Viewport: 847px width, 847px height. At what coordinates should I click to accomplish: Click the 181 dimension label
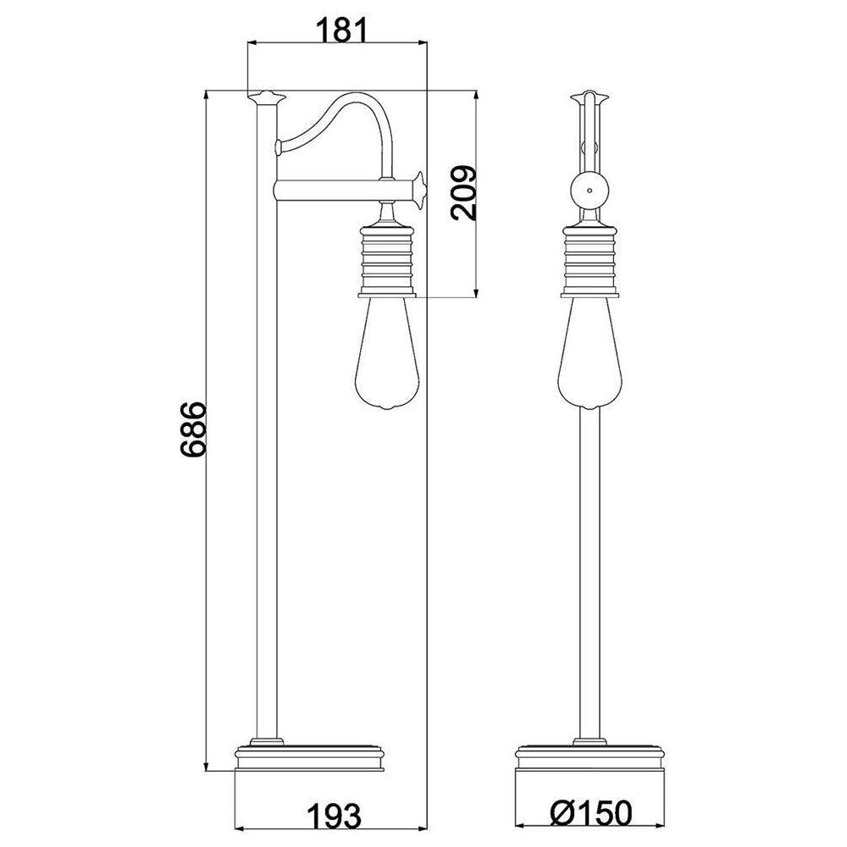pyautogui.click(x=340, y=30)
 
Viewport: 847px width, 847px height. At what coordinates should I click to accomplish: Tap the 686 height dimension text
pyautogui.click(x=193, y=429)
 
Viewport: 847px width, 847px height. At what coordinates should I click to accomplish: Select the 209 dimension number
pyautogui.click(x=463, y=193)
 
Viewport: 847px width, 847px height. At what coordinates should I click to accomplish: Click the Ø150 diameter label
pyautogui.click(x=590, y=812)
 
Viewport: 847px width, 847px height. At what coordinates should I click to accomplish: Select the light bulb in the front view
pyautogui.click(x=590, y=352)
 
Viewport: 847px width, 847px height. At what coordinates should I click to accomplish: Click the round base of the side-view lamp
pyautogui.click(x=310, y=759)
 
